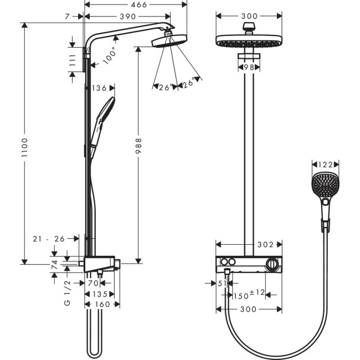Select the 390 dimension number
click(x=127, y=17)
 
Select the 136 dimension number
click(x=100, y=88)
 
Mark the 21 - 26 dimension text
click(x=48, y=238)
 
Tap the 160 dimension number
click(x=102, y=304)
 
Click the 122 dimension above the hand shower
click(x=325, y=164)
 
